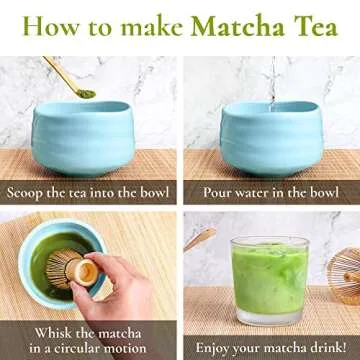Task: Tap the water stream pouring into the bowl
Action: pyautogui.click(x=271, y=80)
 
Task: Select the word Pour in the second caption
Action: pyautogui.click(x=220, y=192)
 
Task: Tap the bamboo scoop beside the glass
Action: pyautogui.click(x=199, y=239)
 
